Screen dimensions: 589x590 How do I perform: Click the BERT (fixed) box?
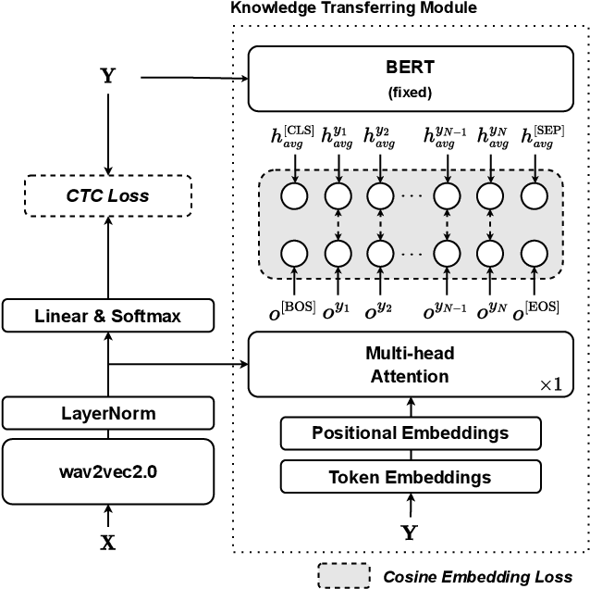coord(410,79)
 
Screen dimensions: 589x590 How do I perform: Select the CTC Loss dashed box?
coord(108,195)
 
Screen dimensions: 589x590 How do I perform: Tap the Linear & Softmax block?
coord(108,316)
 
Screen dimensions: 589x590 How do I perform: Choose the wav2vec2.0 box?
coord(108,470)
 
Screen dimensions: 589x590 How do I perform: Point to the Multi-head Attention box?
coord(410,365)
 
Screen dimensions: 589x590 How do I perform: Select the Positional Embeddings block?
coord(410,432)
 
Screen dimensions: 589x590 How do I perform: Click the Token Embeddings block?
coord(410,478)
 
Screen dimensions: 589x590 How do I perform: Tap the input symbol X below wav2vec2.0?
coord(108,544)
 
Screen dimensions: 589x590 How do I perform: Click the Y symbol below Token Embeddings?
coord(409,532)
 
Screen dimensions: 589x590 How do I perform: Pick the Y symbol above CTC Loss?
coord(108,77)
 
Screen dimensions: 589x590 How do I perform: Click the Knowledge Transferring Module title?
coord(353,8)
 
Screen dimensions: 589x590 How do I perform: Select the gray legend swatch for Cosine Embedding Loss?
coord(344,575)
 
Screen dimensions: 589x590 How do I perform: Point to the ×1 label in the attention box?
coord(549,383)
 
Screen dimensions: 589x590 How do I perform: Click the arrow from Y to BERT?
coord(194,78)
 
